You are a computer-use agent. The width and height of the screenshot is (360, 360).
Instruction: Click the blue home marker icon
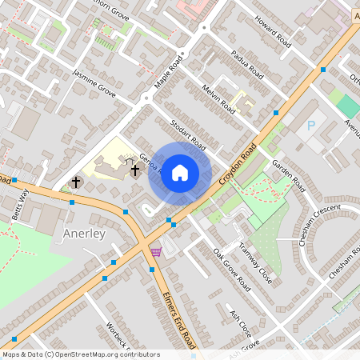(180, 172)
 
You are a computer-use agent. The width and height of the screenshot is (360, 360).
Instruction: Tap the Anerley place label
(83, 234)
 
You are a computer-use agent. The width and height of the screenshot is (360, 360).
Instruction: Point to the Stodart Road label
(189, 134)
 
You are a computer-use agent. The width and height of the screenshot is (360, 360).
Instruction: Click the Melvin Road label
(218, 99)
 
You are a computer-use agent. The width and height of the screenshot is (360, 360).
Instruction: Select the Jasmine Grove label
(94, 84)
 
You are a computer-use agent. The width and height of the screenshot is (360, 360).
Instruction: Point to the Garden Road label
(289, 174)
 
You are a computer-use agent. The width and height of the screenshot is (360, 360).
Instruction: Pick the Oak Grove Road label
(232, 268)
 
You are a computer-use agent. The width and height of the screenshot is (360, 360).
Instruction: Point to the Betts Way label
(24, 200)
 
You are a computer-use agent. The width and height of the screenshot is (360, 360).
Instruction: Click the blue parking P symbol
(311, 126)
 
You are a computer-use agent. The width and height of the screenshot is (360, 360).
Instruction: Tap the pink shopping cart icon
(155, 252)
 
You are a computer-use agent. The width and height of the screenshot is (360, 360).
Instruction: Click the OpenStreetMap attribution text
(80, 354)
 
